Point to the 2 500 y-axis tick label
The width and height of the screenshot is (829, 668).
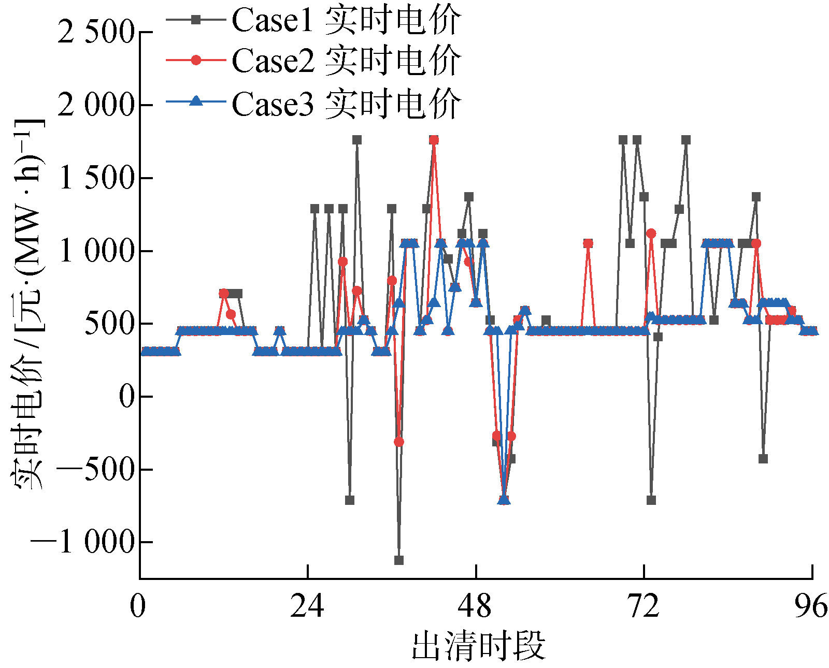coord(96,32)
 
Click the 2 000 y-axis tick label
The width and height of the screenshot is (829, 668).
coord(96,105)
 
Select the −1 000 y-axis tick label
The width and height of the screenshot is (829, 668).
coord(83,542)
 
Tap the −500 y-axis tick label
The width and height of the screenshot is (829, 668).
coord(96,470)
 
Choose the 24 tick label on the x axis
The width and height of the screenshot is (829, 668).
coord(307,605)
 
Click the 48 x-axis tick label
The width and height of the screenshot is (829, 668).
coord(475,605)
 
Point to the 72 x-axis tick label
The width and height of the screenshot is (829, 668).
coord(644,605)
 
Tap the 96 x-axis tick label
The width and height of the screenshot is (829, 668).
coord(811,605)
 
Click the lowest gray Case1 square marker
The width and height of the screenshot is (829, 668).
coord(398,560)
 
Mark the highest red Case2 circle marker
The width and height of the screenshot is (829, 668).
coord(434,140)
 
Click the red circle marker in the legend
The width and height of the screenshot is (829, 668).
coord(196,60)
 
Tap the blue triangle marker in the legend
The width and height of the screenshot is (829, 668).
coord(196,101)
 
